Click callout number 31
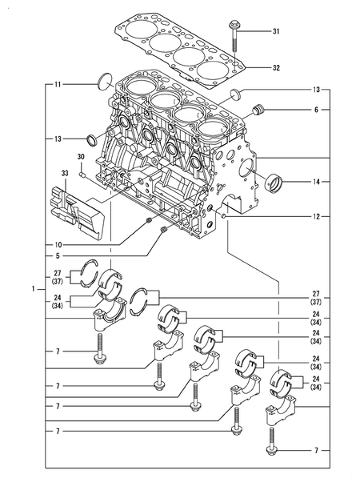click(x=276, y=32)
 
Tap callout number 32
click(x=276, y=69)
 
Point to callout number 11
click(x=58, y=83)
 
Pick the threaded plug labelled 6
click(x=257, y=110)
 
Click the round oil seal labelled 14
click(x=274, y=182)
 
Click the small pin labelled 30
click(x=83, y=171)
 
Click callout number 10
click(x=58, y=243)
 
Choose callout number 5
click(x=58, y=255)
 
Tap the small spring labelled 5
click(x=163, y=231)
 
